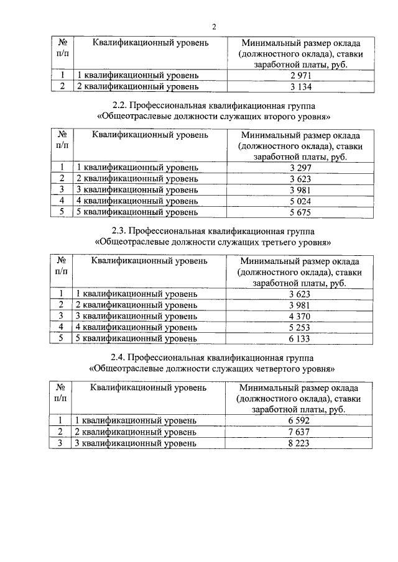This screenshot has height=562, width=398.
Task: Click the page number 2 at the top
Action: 213,27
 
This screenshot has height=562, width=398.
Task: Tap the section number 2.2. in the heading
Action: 121,105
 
